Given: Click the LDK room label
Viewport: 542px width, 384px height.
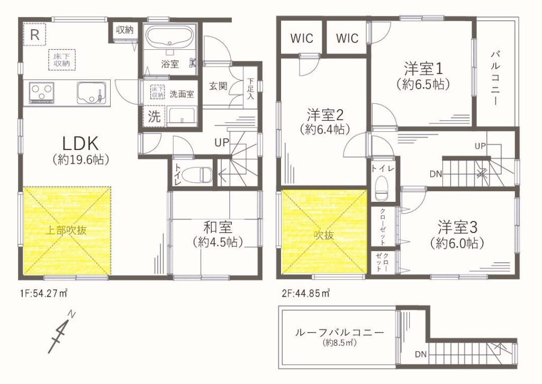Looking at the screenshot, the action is (80, 143).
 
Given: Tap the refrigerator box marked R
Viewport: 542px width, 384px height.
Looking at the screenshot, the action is (34, 34).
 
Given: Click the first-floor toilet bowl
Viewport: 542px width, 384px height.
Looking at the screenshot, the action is (196, 174).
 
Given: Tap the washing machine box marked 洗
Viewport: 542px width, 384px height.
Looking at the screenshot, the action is (154, 116).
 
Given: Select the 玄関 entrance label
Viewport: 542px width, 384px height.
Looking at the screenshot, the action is (218, 86).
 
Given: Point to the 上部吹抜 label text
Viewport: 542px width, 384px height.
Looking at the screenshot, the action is (66, 230).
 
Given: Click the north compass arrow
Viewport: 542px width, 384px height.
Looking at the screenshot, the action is (61, 332).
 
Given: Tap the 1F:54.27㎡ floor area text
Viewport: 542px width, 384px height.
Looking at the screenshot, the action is (44, 294).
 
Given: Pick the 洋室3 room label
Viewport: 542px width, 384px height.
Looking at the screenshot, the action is (457, 227).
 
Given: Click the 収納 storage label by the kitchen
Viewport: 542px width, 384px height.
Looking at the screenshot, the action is (124, 30).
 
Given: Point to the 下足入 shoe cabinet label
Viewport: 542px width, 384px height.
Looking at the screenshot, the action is (250, 89).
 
